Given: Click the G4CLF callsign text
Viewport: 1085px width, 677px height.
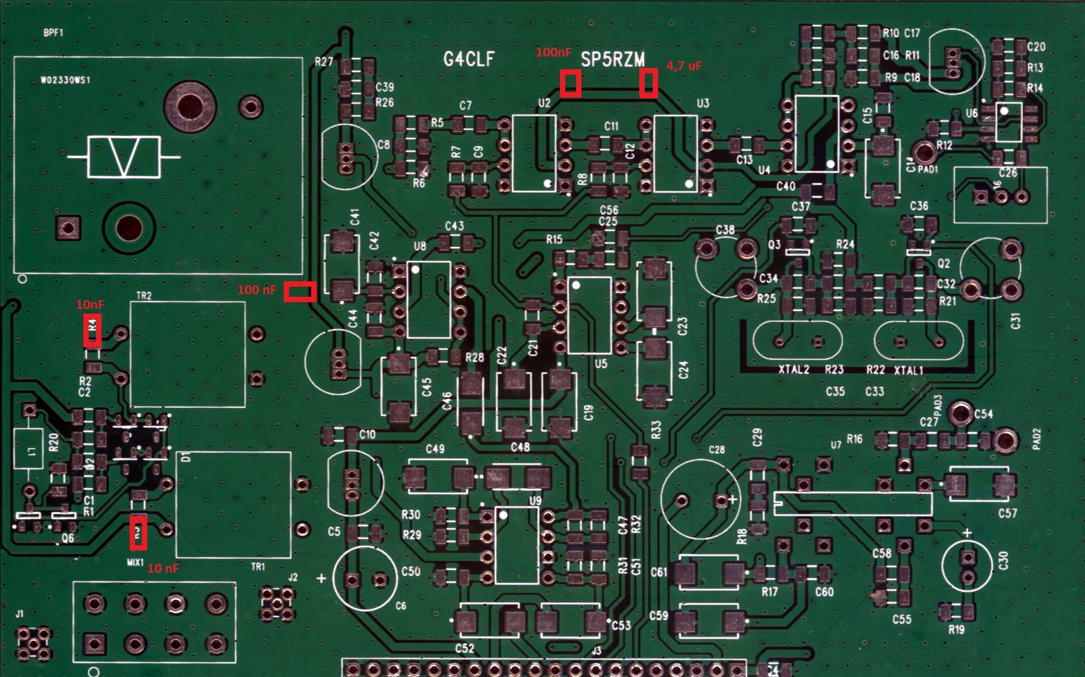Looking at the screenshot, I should click(469, 59).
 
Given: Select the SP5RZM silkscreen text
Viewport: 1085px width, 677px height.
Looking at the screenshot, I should click(612, 60).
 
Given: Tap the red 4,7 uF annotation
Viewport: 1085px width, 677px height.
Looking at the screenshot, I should click(684, 66).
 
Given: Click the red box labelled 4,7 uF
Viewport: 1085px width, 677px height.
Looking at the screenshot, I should click(648, 83).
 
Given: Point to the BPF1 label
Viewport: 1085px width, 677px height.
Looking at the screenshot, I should click(53, 32).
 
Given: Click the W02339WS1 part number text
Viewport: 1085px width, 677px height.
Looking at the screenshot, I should click(65, 80).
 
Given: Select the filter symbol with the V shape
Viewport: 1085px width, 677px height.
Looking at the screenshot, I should click(124, 157).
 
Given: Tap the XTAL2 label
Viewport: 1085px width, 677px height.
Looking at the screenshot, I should click(794, 369).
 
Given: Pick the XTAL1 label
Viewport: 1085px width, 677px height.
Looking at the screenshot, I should click(908, 370).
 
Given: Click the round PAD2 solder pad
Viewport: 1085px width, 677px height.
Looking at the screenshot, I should click(1005, 440).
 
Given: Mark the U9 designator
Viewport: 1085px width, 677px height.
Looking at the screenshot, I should click(535, 501).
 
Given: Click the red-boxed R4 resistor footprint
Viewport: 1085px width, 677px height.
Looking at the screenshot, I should click(93, 330).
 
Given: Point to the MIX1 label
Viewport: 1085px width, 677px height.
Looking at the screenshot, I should click(135, 562).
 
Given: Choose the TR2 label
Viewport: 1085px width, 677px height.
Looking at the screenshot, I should click(144, 295).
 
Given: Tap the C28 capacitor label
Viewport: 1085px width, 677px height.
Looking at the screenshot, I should click(717, 450).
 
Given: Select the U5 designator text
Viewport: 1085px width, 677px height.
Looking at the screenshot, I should click(601, 363).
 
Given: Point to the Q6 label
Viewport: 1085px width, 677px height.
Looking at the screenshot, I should click(67, 538).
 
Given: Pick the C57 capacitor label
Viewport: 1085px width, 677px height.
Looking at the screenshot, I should click(1007, 513).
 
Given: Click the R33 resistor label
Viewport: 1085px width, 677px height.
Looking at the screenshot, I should click(656, 429).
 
